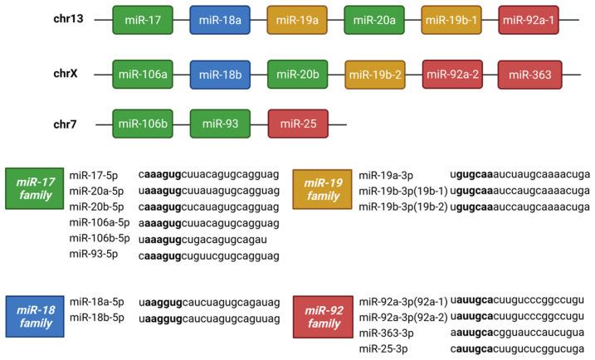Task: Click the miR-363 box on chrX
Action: (529, 75)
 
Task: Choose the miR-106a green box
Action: (142, 75)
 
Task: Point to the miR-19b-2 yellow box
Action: (375, 75)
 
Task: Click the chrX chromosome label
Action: (66, 75)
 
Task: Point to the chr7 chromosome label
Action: (66, 124)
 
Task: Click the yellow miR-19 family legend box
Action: (323, 188)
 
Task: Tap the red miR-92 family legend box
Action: (323, 315)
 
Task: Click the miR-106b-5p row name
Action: (100, 238)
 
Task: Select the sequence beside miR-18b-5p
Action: (210, 319)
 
